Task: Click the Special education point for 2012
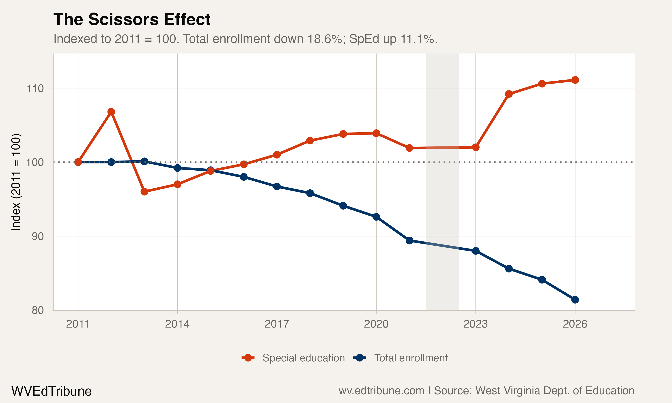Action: [111, 112]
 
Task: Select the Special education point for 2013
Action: [144, 192]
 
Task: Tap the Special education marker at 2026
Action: [575, 80]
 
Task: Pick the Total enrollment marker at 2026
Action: [575, 300]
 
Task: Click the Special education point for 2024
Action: [509, 94]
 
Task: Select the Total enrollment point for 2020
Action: [376, 217]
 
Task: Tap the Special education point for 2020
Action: [376, 133]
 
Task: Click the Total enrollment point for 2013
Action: [144, 161]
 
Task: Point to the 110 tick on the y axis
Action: [35, 88]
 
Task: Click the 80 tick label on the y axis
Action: [37, 310]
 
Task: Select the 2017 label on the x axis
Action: [277, 324]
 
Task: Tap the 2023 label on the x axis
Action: [476, 324]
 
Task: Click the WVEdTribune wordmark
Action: [51, 391]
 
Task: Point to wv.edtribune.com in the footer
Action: [381, 391]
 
